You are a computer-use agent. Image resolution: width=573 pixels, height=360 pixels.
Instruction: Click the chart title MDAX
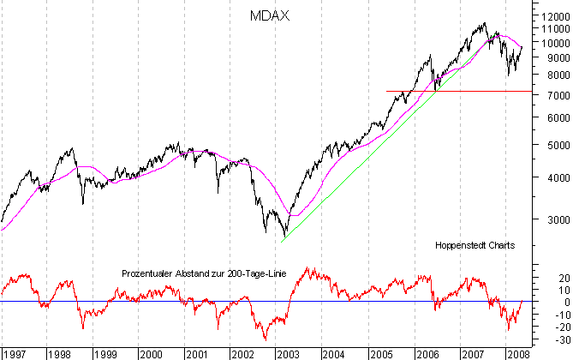click(267, 15)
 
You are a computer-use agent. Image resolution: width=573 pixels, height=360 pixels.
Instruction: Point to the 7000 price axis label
click(549, 96)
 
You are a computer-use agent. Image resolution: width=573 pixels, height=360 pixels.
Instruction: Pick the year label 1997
click(13, 352)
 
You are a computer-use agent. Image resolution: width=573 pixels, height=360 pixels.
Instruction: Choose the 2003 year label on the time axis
click(287, 352)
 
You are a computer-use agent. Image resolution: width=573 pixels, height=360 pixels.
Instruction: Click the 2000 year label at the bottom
click(151, 352)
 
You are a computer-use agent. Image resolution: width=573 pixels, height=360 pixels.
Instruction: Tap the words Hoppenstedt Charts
click(475, 245)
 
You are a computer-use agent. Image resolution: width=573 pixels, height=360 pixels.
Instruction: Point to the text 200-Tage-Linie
click(257, 274)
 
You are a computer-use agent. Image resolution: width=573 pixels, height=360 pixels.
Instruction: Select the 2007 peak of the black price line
click(485, 23)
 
